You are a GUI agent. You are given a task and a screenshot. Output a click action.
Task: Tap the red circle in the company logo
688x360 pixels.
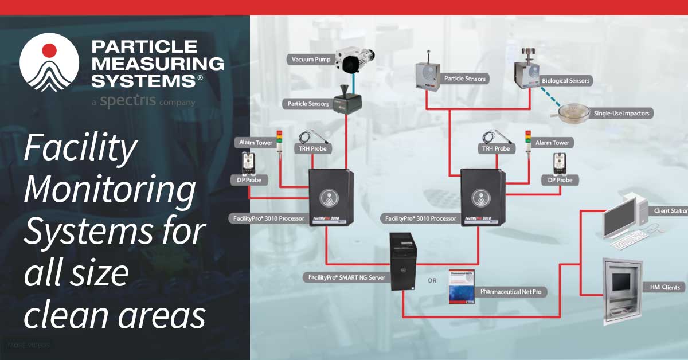(x=49, y=50)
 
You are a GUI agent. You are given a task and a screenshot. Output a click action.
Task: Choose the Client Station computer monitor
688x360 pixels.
(x=621, y=218)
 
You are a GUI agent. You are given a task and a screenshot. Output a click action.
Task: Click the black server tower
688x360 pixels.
(x=402, y=261)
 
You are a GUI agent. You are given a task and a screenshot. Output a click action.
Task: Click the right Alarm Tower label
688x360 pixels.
(x=553, y=142)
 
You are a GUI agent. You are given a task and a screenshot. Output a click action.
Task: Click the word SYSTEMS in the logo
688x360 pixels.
(x=143, y=80)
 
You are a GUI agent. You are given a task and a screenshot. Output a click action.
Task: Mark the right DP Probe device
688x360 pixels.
(x=560, y=164)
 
